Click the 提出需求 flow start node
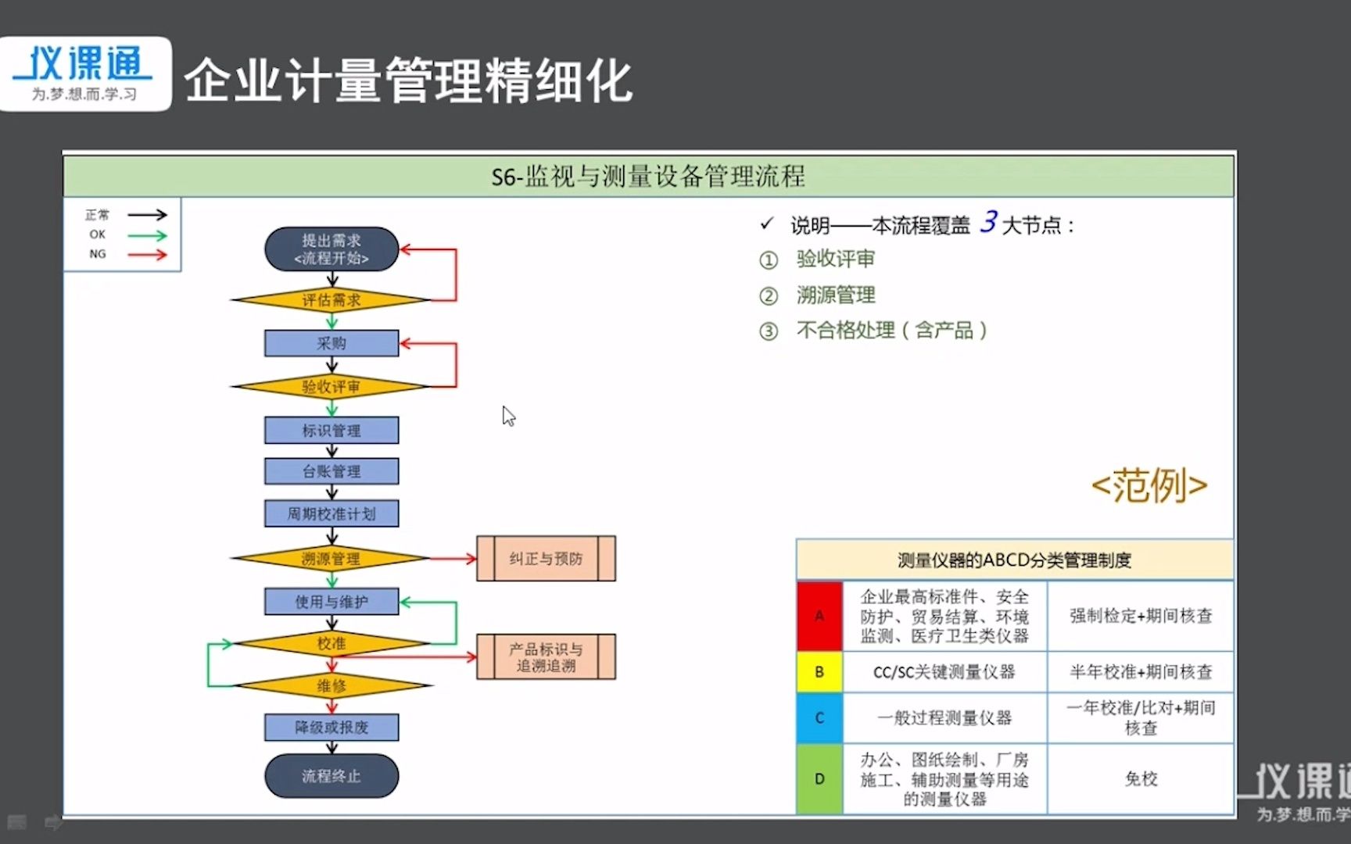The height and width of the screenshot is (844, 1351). [x=331, y=249]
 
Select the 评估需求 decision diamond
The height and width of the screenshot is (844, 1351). [x=331, y=300]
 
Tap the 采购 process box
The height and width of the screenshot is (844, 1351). [x=331, y=343]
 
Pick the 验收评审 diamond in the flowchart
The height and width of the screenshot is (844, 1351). [x=331, y=387]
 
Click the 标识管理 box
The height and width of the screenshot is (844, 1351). [x=331, y=431]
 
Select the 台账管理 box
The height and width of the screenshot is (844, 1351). [x=331, y=471]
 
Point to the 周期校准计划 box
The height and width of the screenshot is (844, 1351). [x=331, y=513]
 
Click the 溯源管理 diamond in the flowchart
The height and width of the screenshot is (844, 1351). [x=331, y=559]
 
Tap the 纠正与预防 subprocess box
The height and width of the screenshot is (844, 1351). [x=546, y=559]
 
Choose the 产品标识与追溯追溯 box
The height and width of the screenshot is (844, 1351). [x=546, y=657]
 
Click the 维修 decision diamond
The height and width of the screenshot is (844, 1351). [x=331, y=686]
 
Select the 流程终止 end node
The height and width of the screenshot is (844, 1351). [x=331, y=776]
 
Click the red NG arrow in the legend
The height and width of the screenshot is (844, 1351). [x=147, y=255]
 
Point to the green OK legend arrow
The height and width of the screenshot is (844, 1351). [x=147, y=235]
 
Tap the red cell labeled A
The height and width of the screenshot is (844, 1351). [x=819, y=616]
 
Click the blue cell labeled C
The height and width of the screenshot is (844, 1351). [x=819, y=717]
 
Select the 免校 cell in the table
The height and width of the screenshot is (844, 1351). [x=1141, y=778]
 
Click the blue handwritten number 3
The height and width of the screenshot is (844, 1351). [x=989, y=222]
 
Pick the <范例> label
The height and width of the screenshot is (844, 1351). [x=1149, y=486]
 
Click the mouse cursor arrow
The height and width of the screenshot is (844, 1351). [x=508, y=416]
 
